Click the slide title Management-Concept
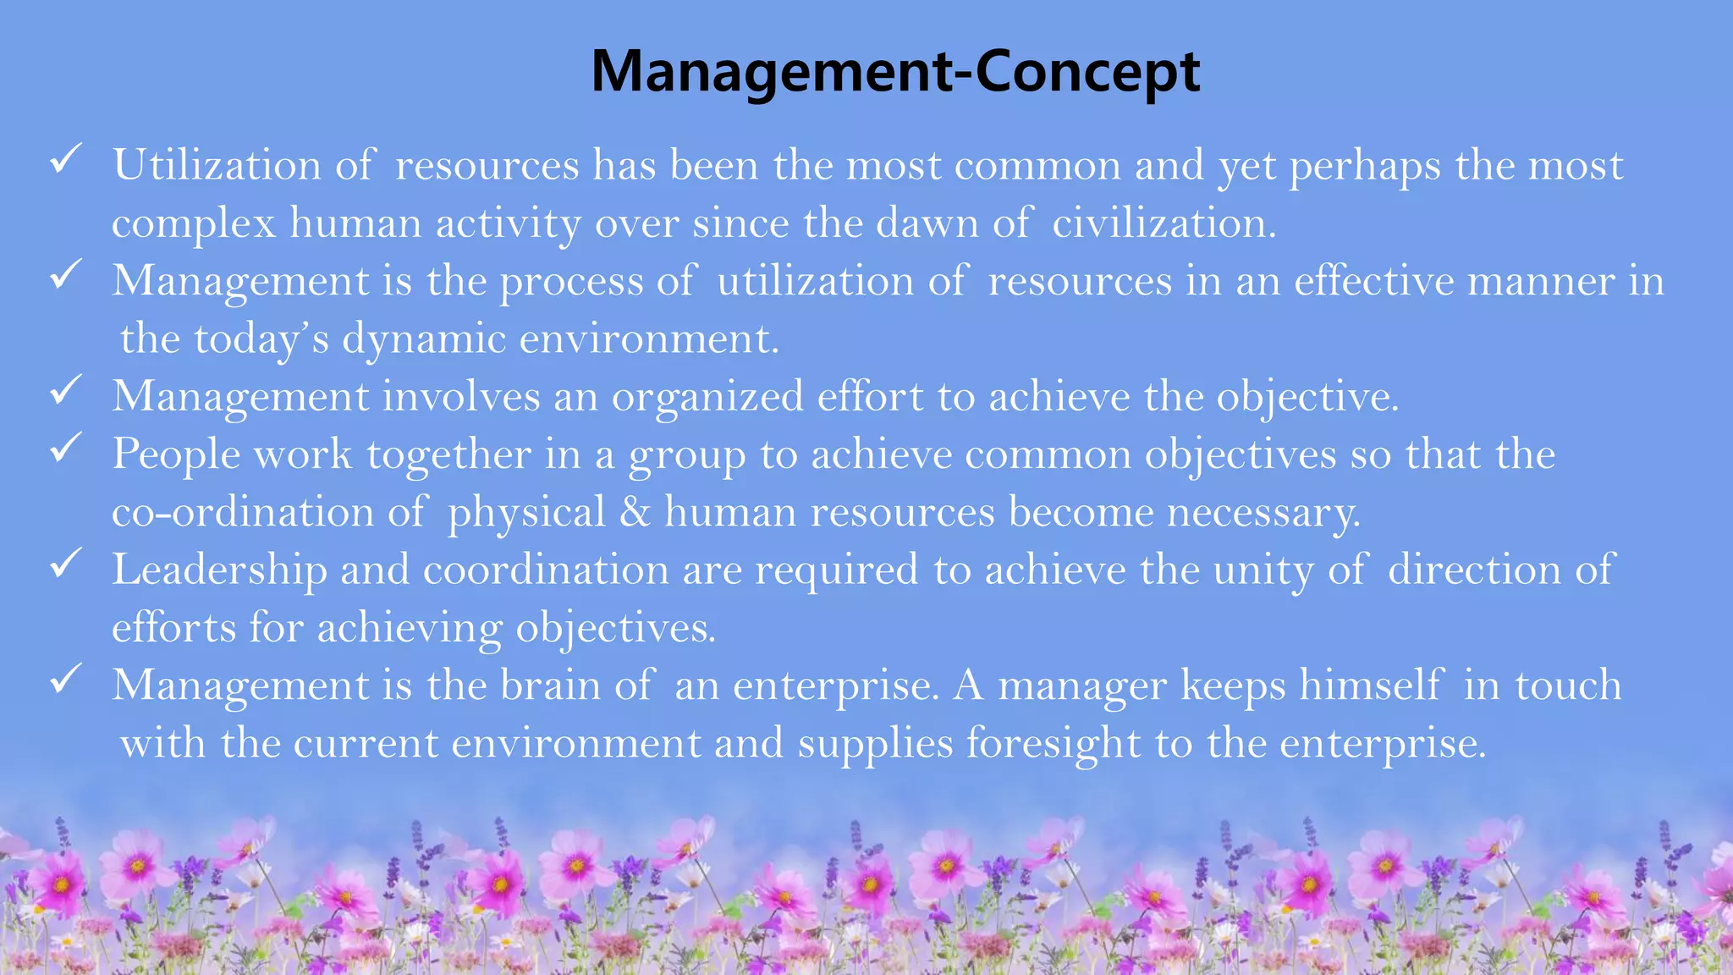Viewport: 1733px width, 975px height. click(x=894, y=72)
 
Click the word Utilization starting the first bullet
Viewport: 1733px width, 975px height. click(x=217, y=165)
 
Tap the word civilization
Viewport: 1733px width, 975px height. click(x=1164, y=223)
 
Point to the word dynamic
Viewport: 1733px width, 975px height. click(x=423, y=339)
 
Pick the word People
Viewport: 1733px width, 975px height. click(x=176, y=454)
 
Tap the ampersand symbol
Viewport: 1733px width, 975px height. click(x=635, y=512)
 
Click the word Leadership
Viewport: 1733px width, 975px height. click(x=219, y=570)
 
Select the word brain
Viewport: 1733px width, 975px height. click(x=550, y=685)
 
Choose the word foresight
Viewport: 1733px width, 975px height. click(x=1054, y=744)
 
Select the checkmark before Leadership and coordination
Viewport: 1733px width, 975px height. click(x=65, y=563)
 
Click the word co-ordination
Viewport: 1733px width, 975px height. click(x=243, y=512)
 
